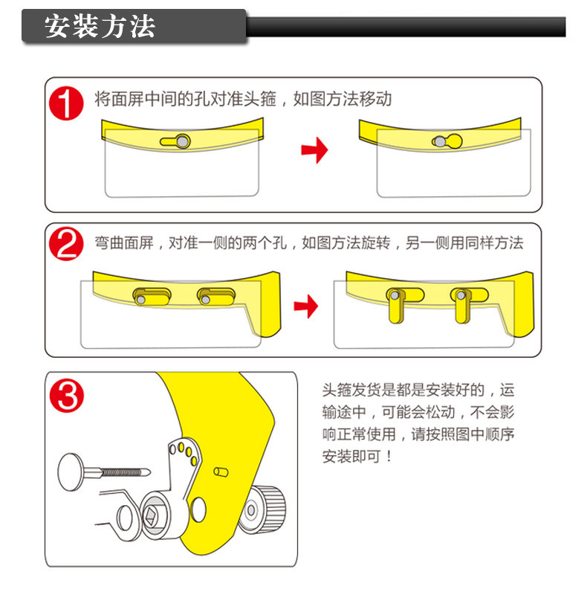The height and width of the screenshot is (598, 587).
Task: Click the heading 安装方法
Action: tap(100, 26)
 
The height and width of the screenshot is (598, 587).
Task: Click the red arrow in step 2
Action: tap(305, 305)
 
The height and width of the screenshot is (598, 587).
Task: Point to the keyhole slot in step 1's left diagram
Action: tap(175, 141)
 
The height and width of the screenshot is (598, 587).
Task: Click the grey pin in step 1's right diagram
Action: tap(441, 140)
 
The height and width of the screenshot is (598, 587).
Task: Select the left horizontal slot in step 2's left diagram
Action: tap(149, 296)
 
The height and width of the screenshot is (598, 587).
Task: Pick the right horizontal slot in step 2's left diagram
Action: tap(214, 296)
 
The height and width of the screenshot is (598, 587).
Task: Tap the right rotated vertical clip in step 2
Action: tap(461, 304)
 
